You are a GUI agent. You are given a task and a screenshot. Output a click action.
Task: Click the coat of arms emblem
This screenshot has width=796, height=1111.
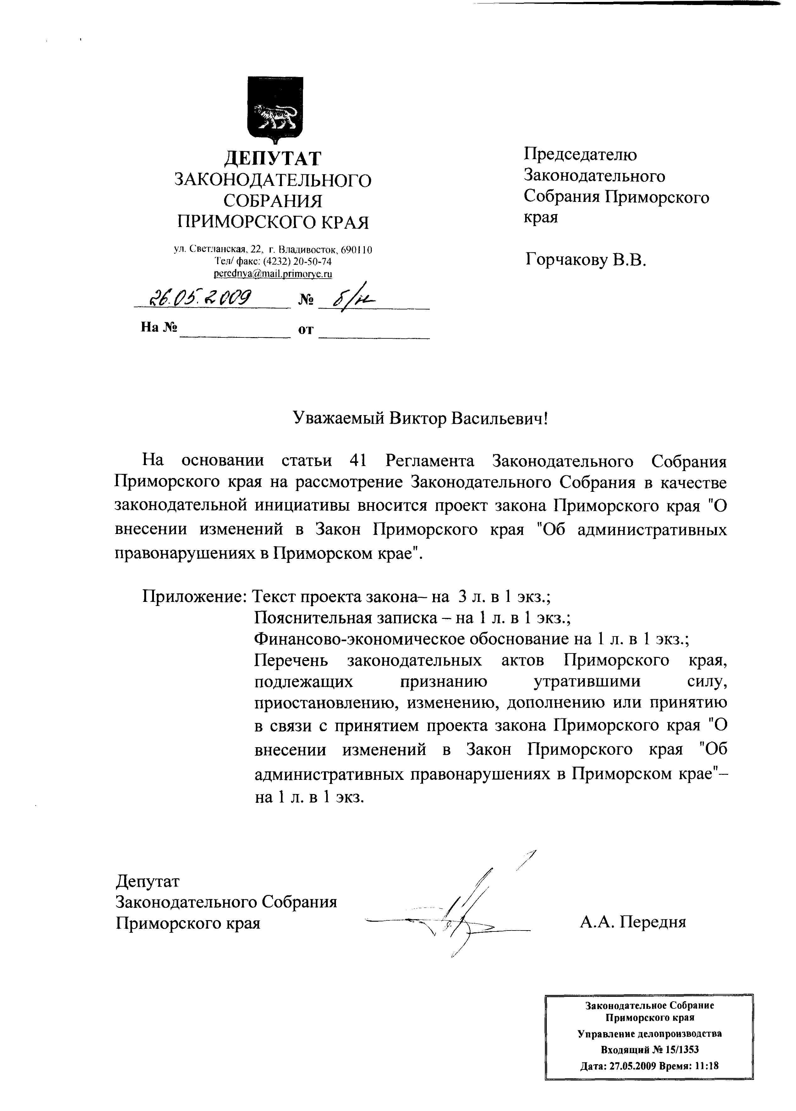(275, 110)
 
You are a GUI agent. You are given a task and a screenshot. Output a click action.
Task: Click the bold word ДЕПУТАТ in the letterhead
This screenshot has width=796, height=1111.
(273, 158)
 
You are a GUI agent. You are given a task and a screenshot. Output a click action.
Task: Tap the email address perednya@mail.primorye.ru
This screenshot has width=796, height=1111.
(273, 274)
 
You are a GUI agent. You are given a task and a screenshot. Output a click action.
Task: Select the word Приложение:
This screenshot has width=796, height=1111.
(193, 597)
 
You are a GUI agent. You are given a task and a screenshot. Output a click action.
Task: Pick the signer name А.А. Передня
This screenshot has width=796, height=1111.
(633, 921)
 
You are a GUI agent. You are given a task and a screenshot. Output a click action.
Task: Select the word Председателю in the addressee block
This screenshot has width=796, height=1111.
(580, 155)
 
